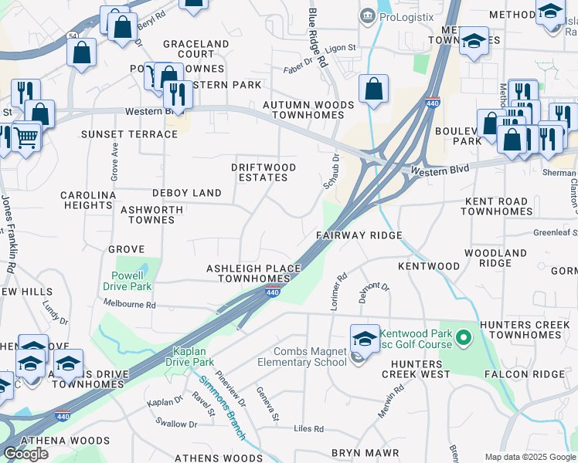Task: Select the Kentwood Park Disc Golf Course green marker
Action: pyautogui.click(x=464, y=337)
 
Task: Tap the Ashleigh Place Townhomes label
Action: pyautogui.click(x=253, y=273)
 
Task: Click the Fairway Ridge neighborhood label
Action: pyautogui.click(x=359, y=235)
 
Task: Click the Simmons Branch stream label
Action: pyautogui.click(x=223, y=407)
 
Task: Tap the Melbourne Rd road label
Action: pyautogui.click(x=130, y=305)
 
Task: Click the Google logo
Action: pyautogui.click(x=25, y=454)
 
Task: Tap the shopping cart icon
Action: pyautogui.click(x=26, y=137)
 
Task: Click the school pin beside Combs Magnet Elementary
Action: pyautogui.click(x=365, y=338)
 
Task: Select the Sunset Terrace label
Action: pyautogui.click(x=130, y=134)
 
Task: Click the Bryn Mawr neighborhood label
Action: pyautogui.click(x=365, y=452)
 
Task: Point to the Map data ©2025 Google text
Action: pyautogui.click(x=530, y=457)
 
